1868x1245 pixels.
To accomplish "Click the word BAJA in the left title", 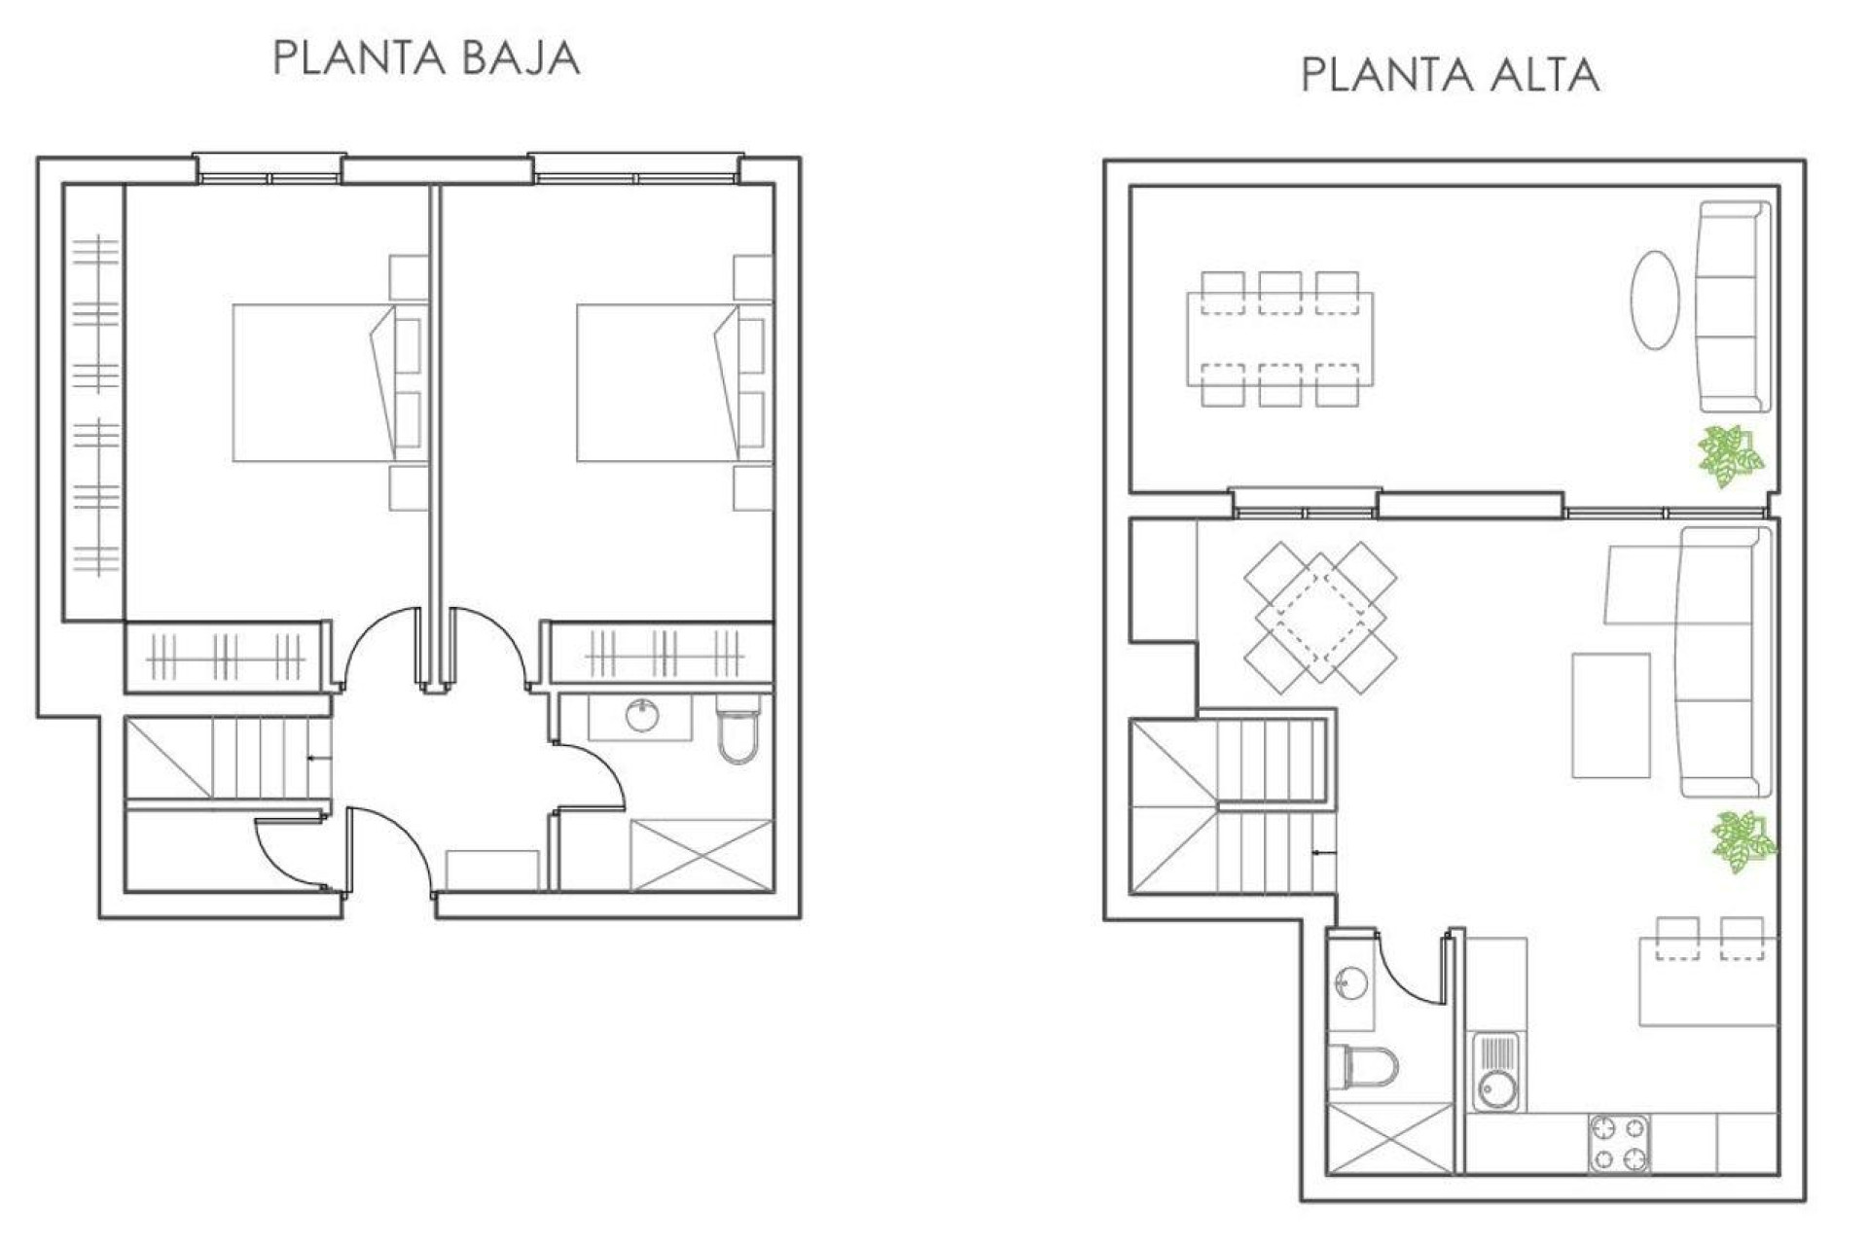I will pos(521,58).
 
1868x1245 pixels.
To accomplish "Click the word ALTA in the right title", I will pos(1547,76).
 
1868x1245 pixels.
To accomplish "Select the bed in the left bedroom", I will pos(311,382).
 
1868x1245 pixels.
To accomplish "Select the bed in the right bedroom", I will pos(655,382).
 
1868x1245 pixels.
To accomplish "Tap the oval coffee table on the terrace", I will pos(1654,300).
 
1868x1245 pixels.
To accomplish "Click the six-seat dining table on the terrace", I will pos(1279,338).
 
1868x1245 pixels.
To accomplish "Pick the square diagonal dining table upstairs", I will pos(1320,617).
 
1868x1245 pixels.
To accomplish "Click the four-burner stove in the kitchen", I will pos(1619,1143).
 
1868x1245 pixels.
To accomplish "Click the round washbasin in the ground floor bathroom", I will pos(642,716).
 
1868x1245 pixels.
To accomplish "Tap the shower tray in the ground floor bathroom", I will pos(701,855).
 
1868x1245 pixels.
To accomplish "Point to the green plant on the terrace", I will pos(1730,457).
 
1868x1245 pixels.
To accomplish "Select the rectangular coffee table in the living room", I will pos(1610,715).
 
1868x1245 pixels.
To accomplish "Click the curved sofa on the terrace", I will pos(1732,306).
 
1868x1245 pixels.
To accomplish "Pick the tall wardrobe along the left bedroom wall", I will pos(94,402).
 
